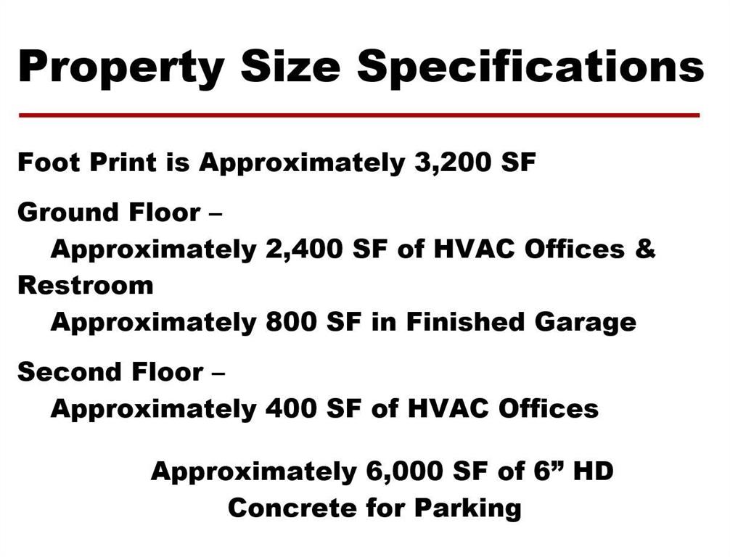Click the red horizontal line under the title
click(358, 115)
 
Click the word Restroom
click(86, 285)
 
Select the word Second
click(64, 372)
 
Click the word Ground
click(65, 213)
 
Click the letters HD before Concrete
click(593, 471)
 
